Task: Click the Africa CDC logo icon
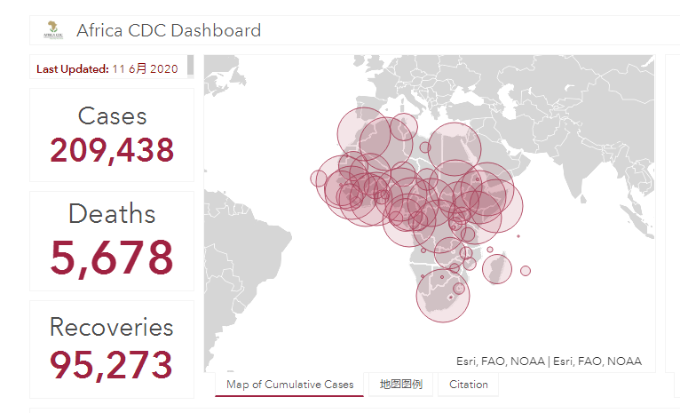point(53,30)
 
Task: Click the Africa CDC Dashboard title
point(169,30)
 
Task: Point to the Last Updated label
point(73,69)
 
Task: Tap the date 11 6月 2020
point(146,69)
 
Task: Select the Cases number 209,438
point(112,150)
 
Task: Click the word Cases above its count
point(113,115)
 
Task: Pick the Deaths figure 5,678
point(112,258)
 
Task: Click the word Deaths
point(112,213)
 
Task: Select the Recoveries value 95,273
point(112,364)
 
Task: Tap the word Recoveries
point(112,327)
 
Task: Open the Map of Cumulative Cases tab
point(289,385)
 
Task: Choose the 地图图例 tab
point(400,385)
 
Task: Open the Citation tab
point(469,385)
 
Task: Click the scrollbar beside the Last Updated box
point(190,65)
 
